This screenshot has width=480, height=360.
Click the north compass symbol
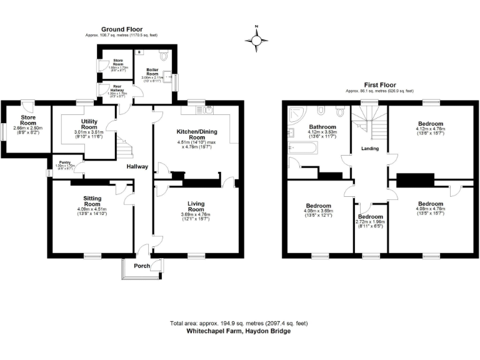click(x=256, y=39)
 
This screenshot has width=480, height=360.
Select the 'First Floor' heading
click(x=380, y=84)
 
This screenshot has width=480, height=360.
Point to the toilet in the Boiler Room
click(x=164, y=56)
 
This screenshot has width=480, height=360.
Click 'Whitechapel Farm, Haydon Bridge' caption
click(x=239, y=331)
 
